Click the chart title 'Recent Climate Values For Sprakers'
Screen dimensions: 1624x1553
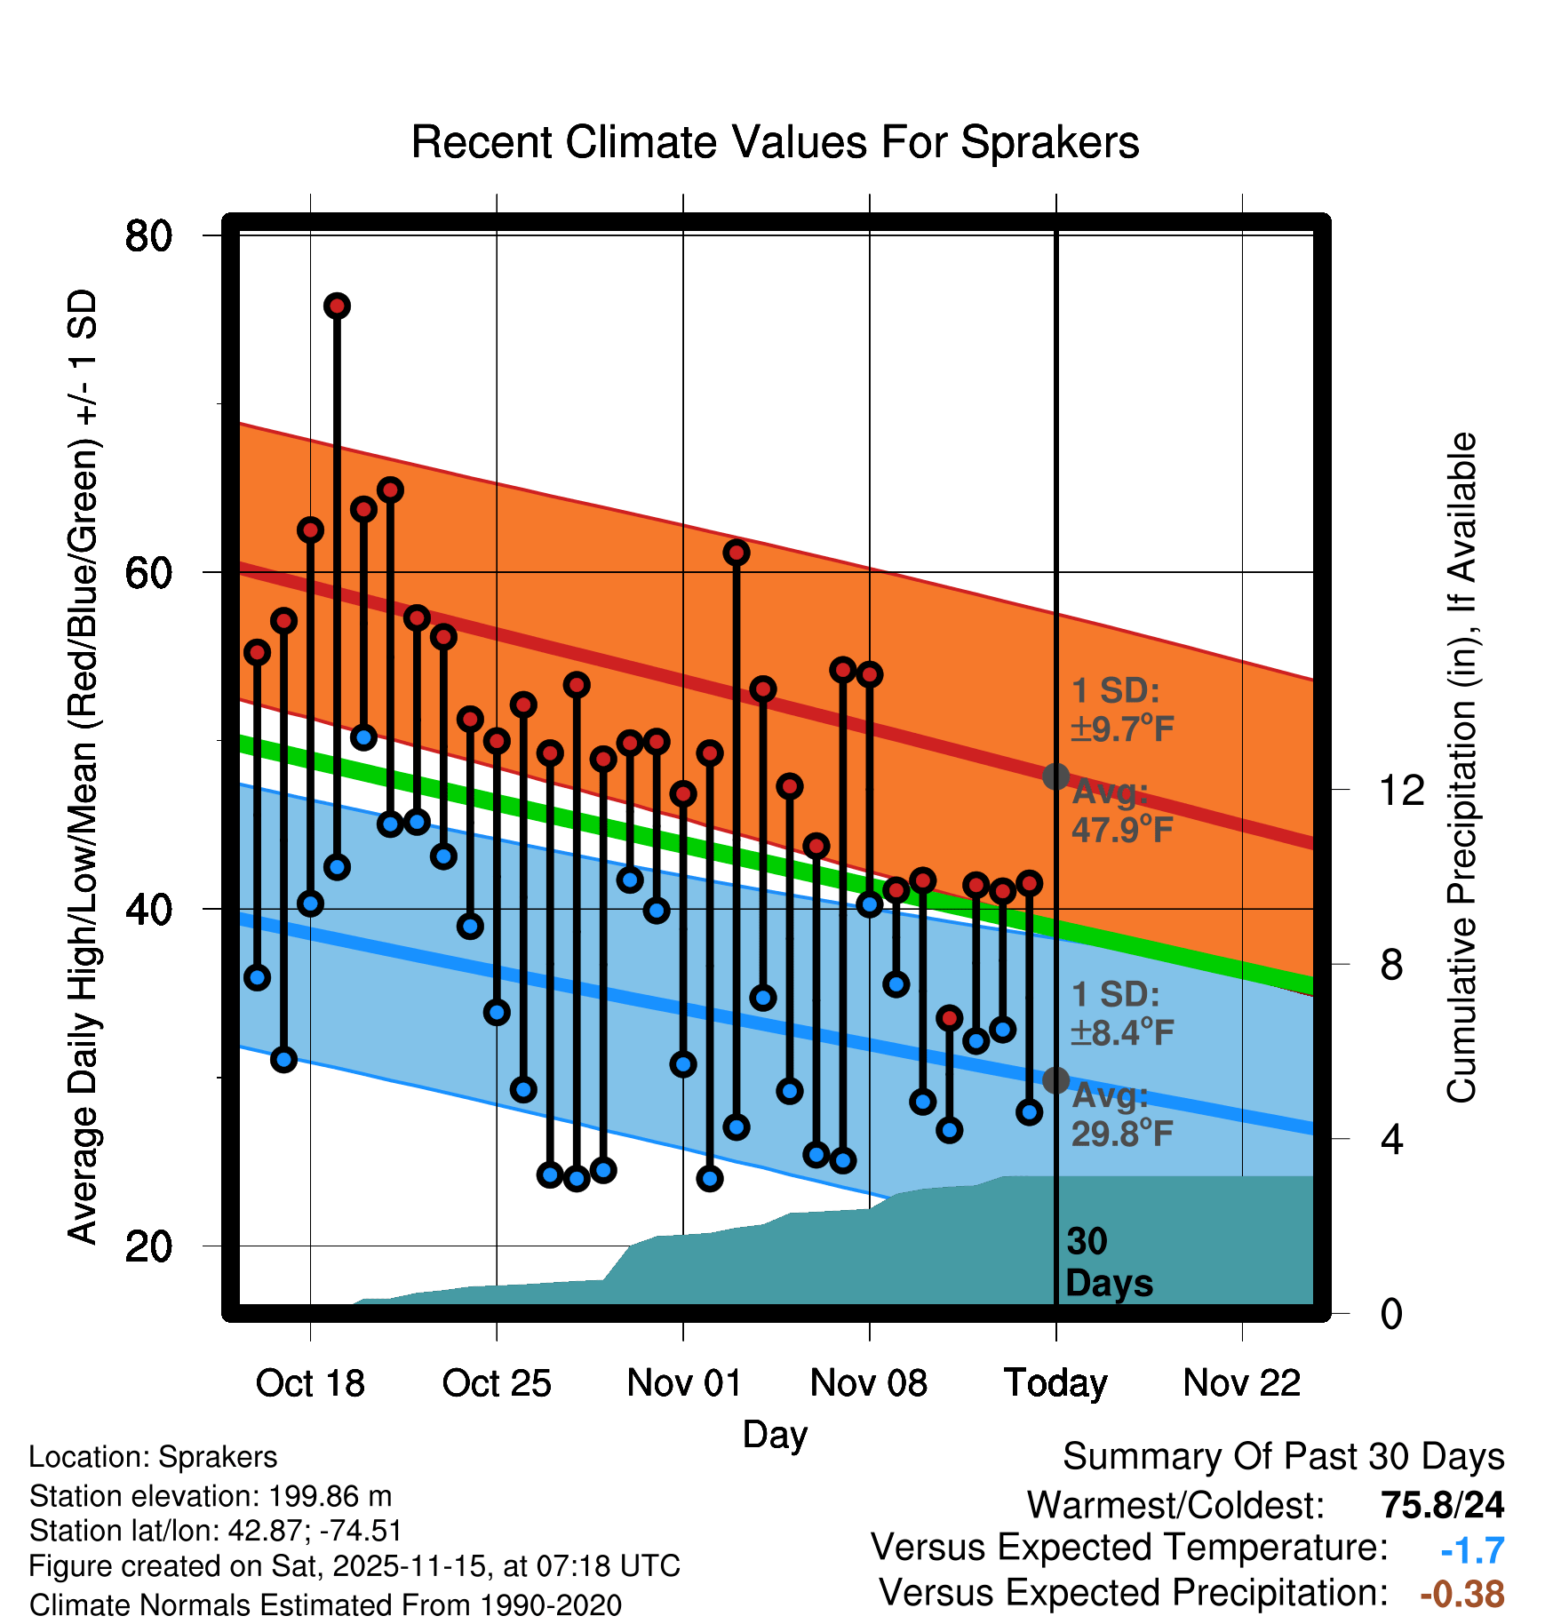[775, 142]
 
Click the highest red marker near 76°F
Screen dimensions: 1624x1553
[337, 306]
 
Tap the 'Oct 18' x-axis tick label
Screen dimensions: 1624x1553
[310, 1383]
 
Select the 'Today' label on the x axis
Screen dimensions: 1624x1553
[1055, 1383]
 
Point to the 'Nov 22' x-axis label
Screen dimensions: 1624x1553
[1241, 1383]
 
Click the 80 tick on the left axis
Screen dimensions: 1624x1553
[148, 236]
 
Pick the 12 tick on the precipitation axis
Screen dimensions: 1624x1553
[1401, 790]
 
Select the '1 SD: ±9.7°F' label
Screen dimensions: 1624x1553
[1122, 710]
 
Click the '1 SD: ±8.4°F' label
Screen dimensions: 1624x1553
[1122, 1014]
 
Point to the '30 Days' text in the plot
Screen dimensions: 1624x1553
[1109, 1262]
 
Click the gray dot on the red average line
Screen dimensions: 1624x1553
[1055, 776]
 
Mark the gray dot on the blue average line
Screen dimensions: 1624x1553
[1055, 1080]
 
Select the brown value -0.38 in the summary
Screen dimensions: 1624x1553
[1462, 1594]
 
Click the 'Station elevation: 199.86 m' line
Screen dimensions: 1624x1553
[211, 1496]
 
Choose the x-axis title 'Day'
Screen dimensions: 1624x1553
[775, 1435]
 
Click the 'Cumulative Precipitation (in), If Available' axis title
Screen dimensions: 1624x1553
[1461, 768]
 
